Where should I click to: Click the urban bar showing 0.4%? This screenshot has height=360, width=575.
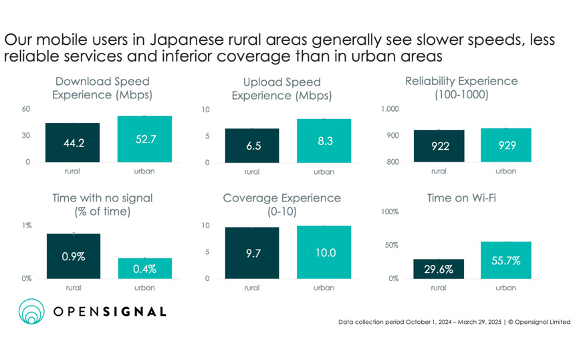[x=144, y=268]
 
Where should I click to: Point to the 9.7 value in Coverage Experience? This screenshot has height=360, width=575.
[x=253, y=253]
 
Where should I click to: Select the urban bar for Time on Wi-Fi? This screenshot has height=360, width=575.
[x=505, y=260]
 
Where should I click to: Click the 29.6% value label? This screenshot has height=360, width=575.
[x=439, y=270]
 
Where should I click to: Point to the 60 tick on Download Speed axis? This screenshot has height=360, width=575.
[x=26, y=109]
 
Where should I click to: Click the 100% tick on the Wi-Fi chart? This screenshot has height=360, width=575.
[x=389, y=212]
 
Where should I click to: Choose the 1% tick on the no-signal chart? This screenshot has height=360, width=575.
[x=26, y=226]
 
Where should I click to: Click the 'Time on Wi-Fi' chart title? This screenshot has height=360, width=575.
[x=461, y=198]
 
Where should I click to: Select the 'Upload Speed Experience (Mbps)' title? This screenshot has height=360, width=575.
[x=276, y=88]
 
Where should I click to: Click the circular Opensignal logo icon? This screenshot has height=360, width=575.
[x=31, y=312]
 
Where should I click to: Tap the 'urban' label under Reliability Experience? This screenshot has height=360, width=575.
[x=505, y=171]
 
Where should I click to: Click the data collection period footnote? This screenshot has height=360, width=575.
[x=454, y=323]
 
